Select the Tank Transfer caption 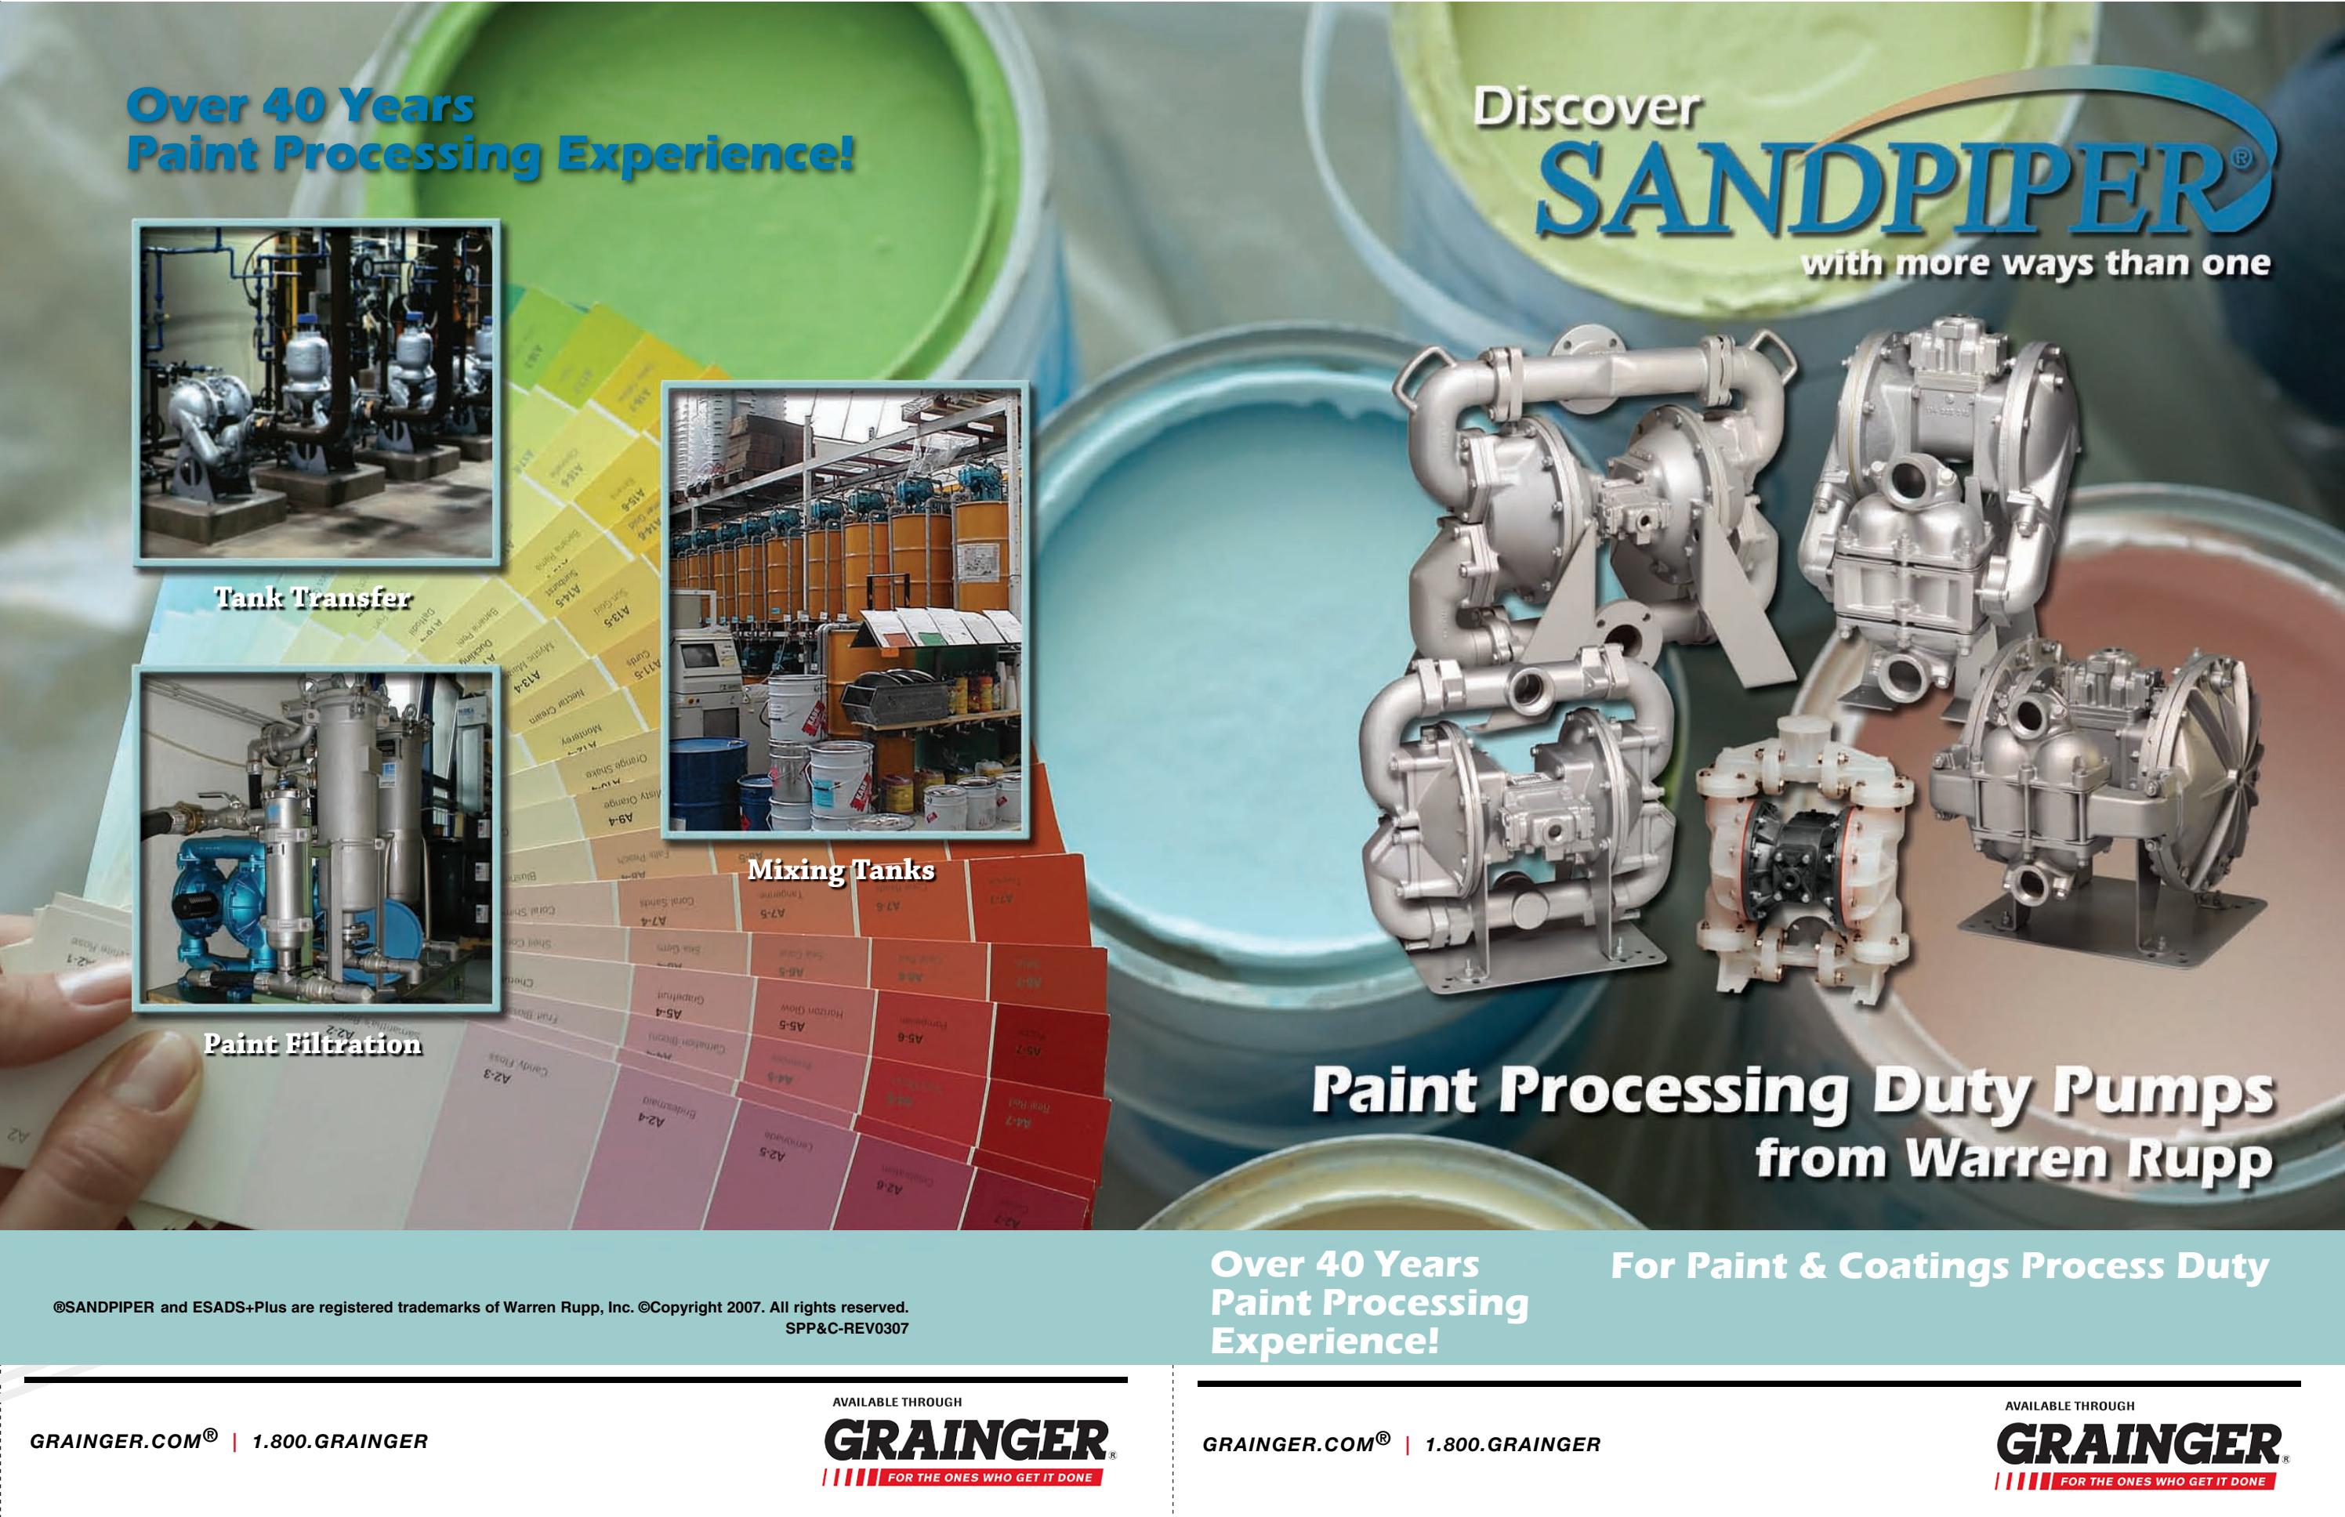[313, 598]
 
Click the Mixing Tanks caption [840, 870]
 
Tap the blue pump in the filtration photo [222, 901]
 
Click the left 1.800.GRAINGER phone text [340, 1442]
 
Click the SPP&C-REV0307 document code [846, 1329]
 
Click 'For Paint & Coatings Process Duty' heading [1939, 1265]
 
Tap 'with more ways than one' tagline [2035, 264]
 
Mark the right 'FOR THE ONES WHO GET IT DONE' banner [2162, 1480]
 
